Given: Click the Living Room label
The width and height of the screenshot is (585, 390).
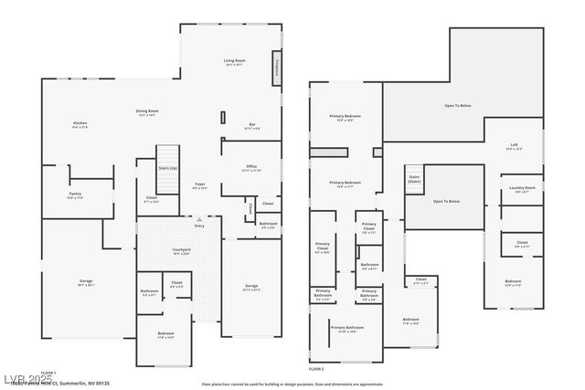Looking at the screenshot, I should (x=234, y=62).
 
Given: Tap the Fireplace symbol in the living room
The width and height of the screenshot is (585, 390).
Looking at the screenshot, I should (x=276, y=68).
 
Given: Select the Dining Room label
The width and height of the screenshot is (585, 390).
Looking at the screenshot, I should (x=148, y=112).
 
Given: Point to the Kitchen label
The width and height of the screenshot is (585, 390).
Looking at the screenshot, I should (x=80, y=125).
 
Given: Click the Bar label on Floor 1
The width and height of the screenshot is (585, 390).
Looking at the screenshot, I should (x=252, y=126).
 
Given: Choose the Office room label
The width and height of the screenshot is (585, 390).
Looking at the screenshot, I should (x=250, y=168).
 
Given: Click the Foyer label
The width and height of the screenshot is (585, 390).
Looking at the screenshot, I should (x=199, y=185).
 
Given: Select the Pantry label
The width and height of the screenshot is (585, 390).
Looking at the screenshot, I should (x=75, y=195).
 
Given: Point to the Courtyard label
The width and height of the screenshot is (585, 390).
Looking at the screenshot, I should (x=181, y=251).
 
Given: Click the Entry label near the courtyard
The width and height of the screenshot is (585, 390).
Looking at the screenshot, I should (x=199, y=226).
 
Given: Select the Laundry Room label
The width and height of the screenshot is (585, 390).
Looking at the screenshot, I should (x=523, y=189).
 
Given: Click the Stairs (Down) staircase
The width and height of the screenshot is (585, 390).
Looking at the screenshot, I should (x=414, y=180).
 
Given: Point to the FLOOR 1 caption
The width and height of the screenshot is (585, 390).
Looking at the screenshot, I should (x=48, y=373).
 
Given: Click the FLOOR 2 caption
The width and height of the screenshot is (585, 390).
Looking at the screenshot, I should (x=316, y=368).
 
